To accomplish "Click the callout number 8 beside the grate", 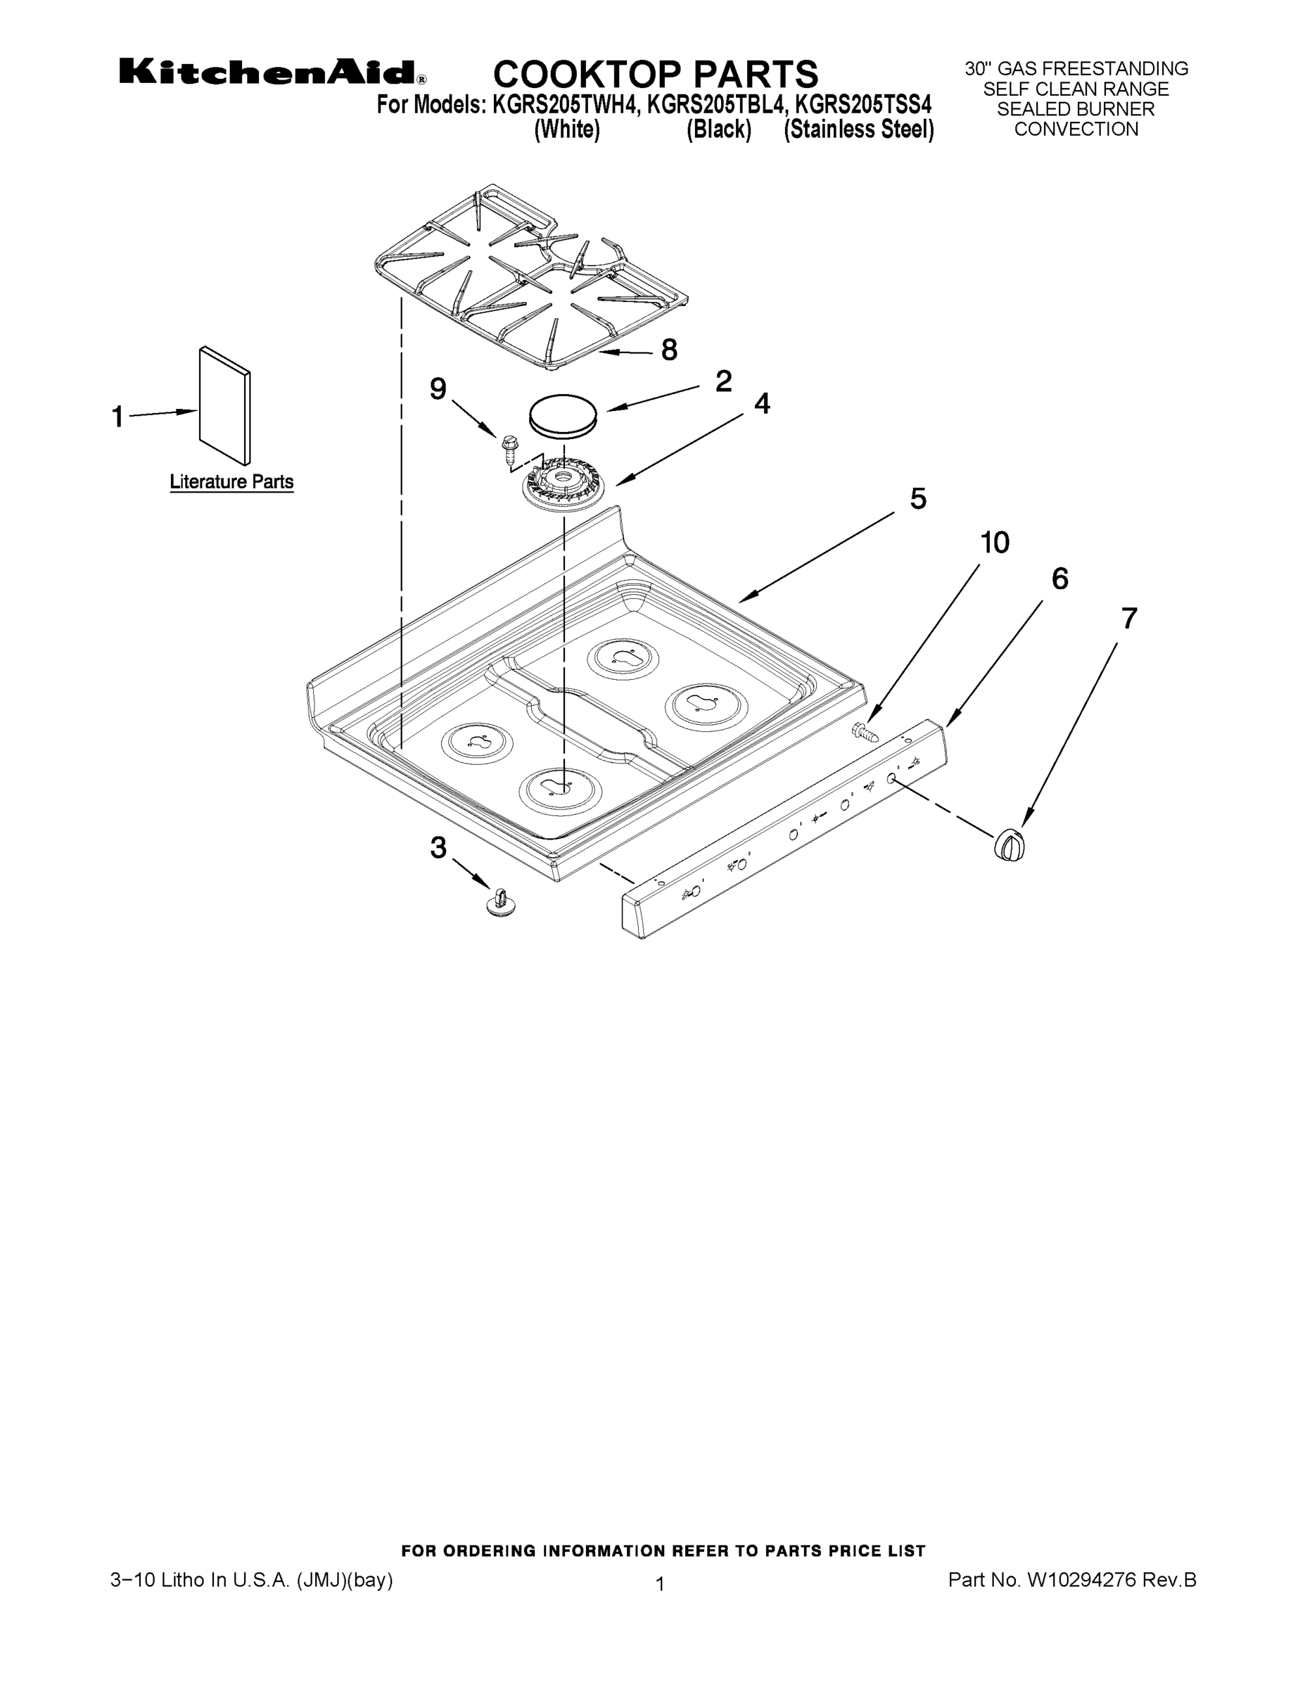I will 669,350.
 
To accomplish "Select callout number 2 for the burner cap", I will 723,381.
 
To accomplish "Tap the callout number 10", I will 994,543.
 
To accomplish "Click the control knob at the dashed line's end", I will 1009,844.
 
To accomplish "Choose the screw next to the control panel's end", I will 866,730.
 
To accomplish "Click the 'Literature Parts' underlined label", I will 231,482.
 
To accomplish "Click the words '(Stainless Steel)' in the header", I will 859,129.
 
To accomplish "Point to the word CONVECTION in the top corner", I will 1076,129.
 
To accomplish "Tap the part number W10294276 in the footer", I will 1081,1581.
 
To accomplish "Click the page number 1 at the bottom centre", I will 660,1585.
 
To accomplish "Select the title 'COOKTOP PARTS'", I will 655,74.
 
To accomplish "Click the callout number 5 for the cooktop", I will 917,500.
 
